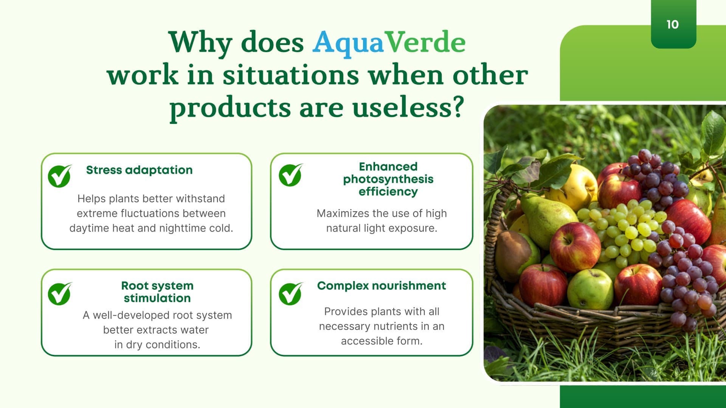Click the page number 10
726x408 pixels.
coord(673,25)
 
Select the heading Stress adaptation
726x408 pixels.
coord(139,170)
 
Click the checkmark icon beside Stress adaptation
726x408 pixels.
coord(60,176)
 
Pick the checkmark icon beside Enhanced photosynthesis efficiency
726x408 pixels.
coord(290,175)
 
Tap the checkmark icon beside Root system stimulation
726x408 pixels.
coord(60,294)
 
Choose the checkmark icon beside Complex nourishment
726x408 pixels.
coord(290,294)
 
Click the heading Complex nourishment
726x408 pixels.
coord(382,286)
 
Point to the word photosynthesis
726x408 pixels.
coord(388,179)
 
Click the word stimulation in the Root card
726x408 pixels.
coord(157,298)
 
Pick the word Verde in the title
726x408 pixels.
coord(425,42)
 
